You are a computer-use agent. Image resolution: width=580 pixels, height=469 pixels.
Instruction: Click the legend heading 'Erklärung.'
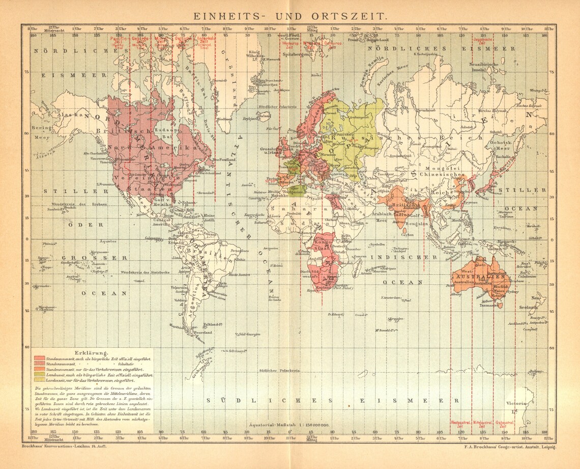tap(91, 352)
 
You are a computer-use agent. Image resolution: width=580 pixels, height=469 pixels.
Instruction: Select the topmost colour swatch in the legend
tap(39, 359)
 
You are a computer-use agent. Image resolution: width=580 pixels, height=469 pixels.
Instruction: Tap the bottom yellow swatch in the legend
tap(39, 380)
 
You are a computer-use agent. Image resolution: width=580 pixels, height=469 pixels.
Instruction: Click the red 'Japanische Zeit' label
tap(483, 41)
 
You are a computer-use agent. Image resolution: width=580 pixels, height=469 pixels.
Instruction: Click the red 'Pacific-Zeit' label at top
tap(119, 41)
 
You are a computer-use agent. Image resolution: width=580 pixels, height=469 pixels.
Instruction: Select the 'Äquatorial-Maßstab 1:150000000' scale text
tap(289, 424)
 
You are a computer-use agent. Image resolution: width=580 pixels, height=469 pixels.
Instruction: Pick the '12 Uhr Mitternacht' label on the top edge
tap(52, 29)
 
